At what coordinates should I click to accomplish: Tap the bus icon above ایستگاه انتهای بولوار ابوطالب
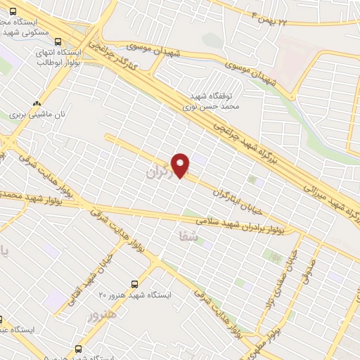(59, 41)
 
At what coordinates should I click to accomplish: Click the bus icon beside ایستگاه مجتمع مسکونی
(13, 11)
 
